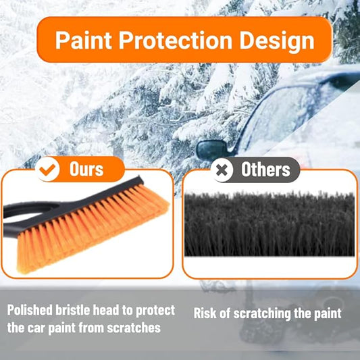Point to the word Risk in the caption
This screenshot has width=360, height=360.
pos(207,313)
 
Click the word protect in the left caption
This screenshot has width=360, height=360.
pos(155,311)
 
